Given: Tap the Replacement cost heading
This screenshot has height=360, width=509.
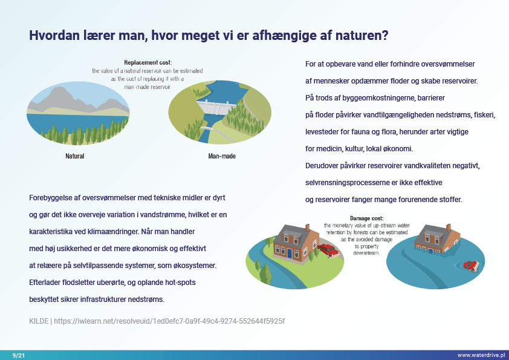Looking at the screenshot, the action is coord(148,62).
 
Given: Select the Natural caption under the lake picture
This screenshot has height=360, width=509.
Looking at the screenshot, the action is coord(75,156).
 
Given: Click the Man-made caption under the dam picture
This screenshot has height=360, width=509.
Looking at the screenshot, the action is coord(222,156).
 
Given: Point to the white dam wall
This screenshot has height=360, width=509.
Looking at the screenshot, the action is coord(217,107).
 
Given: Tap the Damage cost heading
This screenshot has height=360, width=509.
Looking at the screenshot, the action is coord(366,218).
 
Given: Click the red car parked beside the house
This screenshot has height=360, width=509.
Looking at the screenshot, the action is coord(328,250).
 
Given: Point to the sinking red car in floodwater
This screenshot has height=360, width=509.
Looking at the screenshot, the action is coord(471,266).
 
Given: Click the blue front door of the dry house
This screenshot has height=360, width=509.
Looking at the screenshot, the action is coord(290,254).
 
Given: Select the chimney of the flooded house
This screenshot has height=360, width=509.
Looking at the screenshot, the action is coord(449,227).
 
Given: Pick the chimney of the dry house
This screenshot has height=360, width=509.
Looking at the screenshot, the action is coord(306,227).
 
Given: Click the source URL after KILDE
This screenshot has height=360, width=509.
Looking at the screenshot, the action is coord(169,321).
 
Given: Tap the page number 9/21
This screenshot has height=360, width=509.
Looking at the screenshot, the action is coord(19,355).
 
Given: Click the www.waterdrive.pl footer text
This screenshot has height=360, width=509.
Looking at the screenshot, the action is coord(481,355).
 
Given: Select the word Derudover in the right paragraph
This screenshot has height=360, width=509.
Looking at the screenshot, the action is coord(322,166).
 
